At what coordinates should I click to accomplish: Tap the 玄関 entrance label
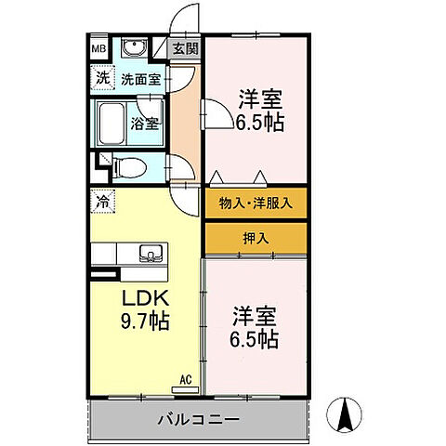click(185, 48)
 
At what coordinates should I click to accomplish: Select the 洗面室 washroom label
click(141, 79)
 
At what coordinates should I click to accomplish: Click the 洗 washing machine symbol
click(98, 79)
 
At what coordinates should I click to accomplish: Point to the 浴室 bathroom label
click(142, 121)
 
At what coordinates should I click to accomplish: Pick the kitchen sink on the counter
click(149, 253)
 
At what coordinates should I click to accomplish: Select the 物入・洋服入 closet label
click(256, 203)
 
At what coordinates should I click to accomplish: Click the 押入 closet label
click(256, 237)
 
